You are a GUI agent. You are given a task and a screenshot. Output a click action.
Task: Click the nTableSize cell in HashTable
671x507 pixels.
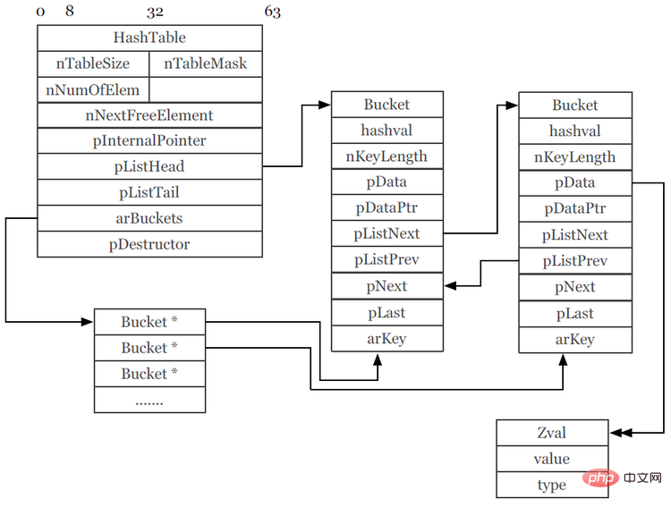click(93, 63)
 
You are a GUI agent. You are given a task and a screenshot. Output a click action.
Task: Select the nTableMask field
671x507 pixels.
click(206, 63)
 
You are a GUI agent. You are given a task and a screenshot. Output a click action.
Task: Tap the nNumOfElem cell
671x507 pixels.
click(93, 89)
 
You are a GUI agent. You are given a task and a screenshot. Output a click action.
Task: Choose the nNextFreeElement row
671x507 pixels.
click(149, 115)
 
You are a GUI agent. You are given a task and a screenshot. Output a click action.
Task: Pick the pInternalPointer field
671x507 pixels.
click(149, 141)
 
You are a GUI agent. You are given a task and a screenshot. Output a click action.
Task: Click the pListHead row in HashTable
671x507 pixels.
click(149, 166)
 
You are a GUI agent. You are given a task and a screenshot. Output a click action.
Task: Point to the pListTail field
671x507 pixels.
click(149, 192)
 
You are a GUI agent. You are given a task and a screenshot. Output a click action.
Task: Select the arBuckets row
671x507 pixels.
click(149, 218)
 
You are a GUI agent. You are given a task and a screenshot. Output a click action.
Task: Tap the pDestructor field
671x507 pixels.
click(149, 244)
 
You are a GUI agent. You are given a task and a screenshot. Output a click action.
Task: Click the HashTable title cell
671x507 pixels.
click(149, 38)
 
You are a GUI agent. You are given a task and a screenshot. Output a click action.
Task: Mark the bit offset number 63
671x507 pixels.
click(272, 13)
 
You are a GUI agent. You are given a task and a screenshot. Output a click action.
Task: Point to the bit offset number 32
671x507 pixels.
click(155, 13)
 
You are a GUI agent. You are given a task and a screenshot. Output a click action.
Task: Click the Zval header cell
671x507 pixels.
click(551, 433)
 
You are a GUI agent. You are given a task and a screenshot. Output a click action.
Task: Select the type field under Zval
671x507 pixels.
click(551, 485)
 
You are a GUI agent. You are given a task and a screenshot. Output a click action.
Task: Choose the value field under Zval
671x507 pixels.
click(551, 459)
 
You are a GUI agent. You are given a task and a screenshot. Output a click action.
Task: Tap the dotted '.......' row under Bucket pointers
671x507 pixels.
click(149, 400)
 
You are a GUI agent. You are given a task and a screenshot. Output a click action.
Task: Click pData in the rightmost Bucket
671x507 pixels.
click(575, 182)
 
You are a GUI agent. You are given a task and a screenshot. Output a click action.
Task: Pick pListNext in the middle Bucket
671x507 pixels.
click(386, 234)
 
